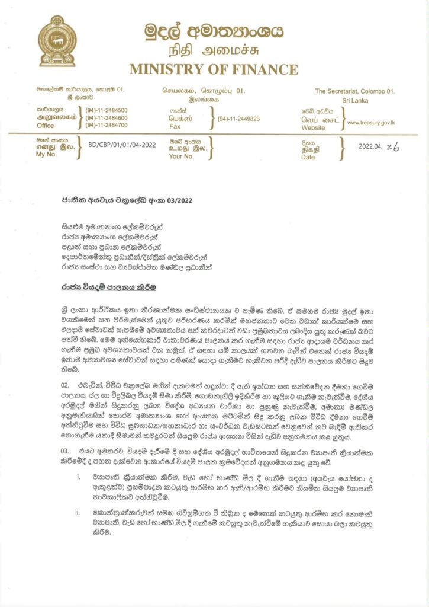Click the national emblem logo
[x=57, y=40]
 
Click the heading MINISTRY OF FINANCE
[x=214, y=69]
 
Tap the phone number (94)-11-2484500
[x=107, y=110]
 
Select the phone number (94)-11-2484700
[x=107, y=125]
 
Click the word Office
[x=45, y=126]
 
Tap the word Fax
[x=175, y=127]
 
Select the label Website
[x=313, y=127]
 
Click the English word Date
[x=308, y=157]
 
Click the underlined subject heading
[x=99, y=287]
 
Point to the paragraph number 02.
[x=66, y=385]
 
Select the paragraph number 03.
[x=66, y=452]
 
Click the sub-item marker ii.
[x=78, y=511]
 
